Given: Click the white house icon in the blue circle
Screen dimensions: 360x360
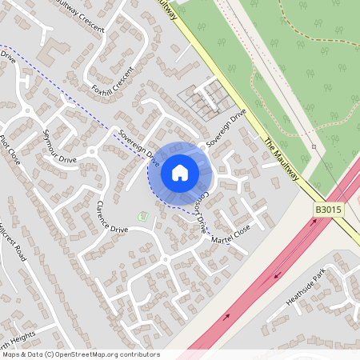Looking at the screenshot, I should [180, 172].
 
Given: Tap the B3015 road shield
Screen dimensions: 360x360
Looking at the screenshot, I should [327, 210].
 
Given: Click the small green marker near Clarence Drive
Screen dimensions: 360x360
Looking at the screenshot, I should [143, 216].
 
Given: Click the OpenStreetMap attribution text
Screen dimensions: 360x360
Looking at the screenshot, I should [80, 354].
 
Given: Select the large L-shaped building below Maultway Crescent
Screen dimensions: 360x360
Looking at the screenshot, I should [50, 50].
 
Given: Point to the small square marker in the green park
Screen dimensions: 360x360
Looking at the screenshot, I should [314, 147].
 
